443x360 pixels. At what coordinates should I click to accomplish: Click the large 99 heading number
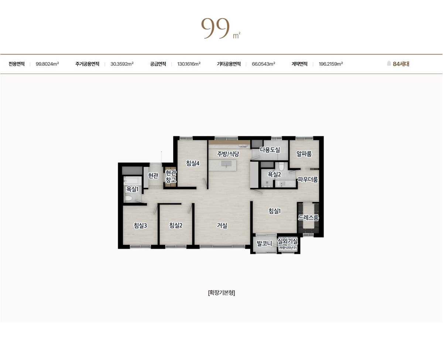215,28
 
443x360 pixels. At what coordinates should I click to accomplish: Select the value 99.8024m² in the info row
47,64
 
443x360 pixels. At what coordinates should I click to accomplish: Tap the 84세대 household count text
401,64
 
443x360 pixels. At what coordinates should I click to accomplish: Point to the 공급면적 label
158,64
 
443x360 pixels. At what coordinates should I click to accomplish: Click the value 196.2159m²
331,64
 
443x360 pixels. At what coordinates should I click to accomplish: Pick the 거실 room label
222,225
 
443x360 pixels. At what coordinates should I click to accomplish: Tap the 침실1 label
275,211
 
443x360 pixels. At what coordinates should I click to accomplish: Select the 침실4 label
193,163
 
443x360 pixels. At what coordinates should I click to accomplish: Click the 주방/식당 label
228,154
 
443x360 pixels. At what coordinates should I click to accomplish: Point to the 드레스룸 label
308,218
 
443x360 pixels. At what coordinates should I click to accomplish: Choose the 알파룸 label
304,154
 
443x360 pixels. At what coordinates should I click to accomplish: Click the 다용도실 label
270,150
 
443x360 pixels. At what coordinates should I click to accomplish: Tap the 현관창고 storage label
171,176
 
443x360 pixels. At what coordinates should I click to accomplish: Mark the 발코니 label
264,243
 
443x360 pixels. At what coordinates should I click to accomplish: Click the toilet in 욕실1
128,198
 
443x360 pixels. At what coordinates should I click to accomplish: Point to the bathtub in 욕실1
133,181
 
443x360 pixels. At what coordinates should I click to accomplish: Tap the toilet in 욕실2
281,166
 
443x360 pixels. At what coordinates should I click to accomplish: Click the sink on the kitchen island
226,164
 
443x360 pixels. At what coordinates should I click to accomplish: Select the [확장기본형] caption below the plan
221,293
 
